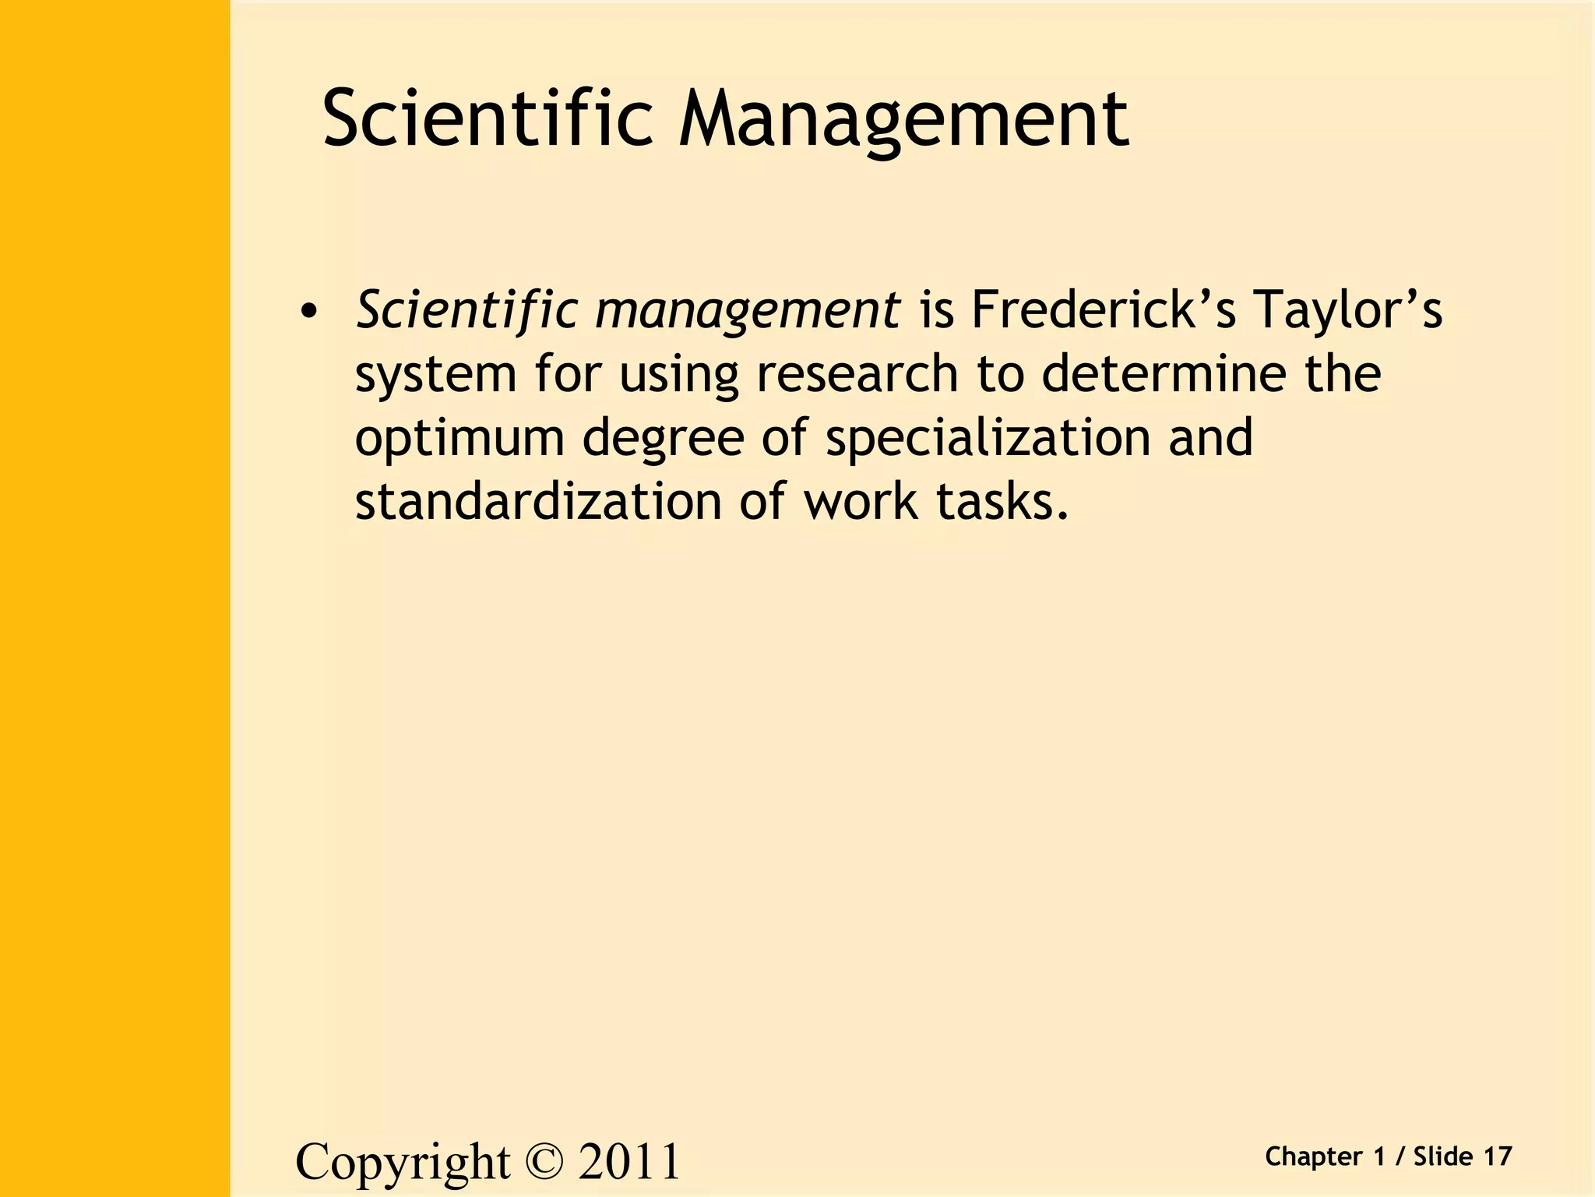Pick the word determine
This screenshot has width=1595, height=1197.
tap(1164, 374)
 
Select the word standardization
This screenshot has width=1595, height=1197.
tap(538, 501)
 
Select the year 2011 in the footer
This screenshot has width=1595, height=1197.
tap(629, 1162)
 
